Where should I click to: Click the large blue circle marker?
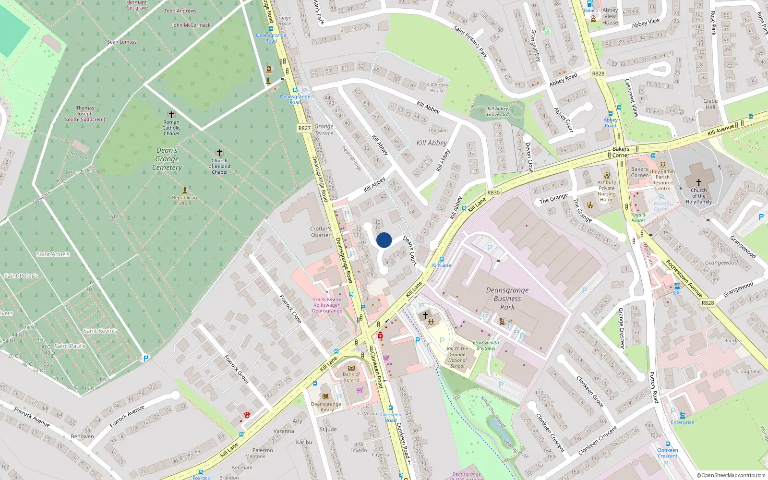click(x=384, y=240)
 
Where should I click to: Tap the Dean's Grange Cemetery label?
click(x=167, y=159)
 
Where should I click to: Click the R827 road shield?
click(x=304, y=128)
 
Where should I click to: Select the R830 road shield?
click(x=493, y=192)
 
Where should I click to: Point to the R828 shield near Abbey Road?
click(x=598, y=73)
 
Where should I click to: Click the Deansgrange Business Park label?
click(x=507, y=299)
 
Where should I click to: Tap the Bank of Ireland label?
click(x=351, y=377)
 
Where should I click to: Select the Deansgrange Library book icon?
click(x=326, y=396)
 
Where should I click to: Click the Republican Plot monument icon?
click(x=184, y=191)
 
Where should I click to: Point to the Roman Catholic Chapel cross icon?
click(x=171, y=115)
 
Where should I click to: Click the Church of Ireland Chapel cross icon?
click(x=219, y=153)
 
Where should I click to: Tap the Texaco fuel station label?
click(x=590, y=11)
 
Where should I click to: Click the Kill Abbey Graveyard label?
click(x=498, y=111)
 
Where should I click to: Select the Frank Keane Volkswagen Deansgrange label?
click(x=327, y=305)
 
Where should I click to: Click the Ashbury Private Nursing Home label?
click(x=607, y=191)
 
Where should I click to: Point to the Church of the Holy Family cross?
click(x=698, y=182)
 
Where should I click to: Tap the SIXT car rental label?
click(x=677, y=292)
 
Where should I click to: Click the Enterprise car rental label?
click(x=682, y=422)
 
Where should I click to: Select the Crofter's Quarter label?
click(x=320, y=232)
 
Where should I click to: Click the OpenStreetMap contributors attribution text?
click(x=731, y=476)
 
